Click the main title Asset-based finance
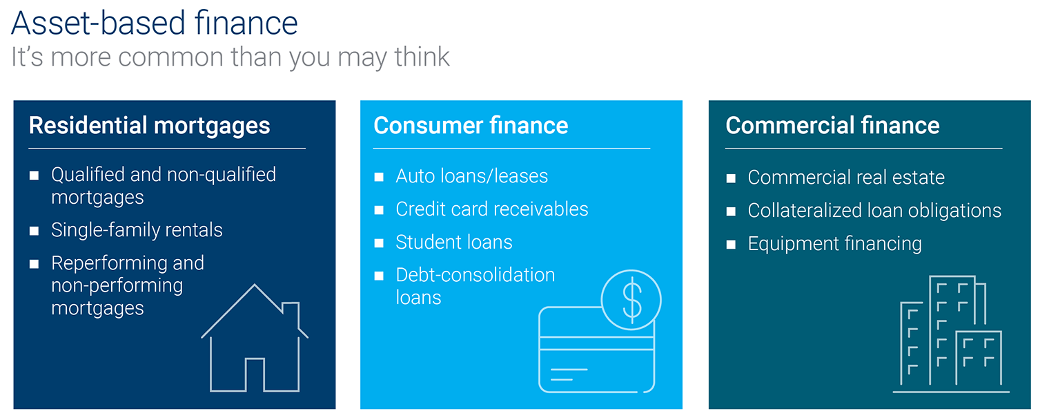155,23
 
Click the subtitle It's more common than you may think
231,57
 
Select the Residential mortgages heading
149,126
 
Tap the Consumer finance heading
471,126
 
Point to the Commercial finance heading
832,126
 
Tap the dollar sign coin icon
631,298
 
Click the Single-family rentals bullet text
137,230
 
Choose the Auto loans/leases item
471,176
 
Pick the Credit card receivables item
491,209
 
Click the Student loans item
453,243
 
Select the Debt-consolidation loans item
475,286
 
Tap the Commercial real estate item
845,178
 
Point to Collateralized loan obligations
874,211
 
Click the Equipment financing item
834,244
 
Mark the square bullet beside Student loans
379,243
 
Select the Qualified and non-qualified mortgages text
163,186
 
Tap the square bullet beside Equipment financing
731,245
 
